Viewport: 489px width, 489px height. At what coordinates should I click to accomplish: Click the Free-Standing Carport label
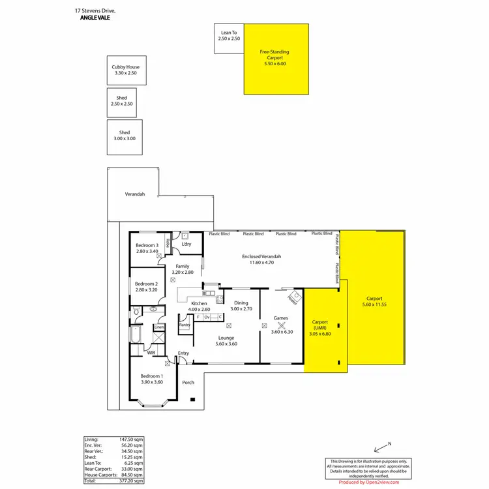274,54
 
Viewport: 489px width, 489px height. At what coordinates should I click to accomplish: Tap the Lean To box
229,35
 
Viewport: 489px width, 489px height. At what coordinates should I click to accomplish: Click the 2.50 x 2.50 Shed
122,101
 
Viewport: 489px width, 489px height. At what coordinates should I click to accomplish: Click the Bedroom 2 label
147,284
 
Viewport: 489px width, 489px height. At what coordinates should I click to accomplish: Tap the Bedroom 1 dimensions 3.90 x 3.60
152,382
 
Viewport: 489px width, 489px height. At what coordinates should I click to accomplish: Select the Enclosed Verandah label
261,256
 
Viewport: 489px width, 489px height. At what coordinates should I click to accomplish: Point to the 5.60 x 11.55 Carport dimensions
375,304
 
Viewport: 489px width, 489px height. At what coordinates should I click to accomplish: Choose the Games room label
281,318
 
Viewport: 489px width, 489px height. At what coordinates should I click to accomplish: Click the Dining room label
241,303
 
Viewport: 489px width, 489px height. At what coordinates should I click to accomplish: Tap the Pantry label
185,324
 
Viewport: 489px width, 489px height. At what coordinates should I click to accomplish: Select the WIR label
151,353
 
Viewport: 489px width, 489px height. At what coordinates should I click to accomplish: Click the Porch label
188,382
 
